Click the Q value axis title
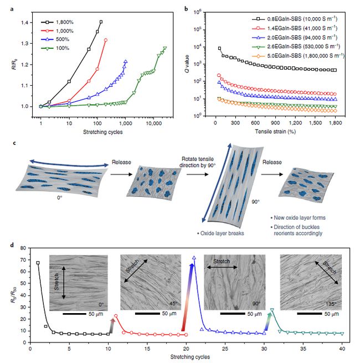(x=193, y=63)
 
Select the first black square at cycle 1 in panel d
(x=38, y=263)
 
